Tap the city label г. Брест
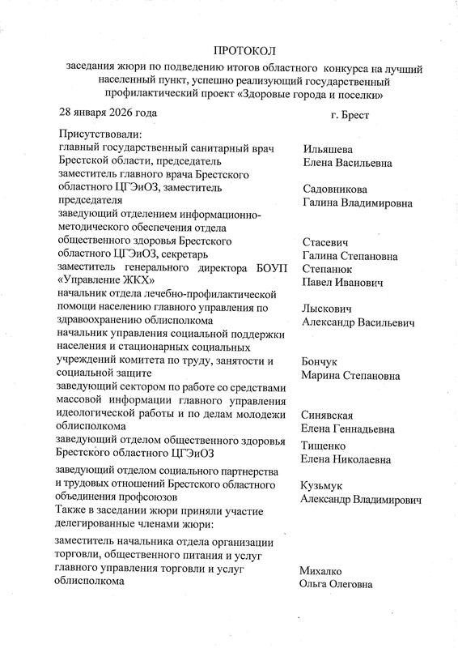click(350, 114)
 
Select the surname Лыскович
click(328, 309)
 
